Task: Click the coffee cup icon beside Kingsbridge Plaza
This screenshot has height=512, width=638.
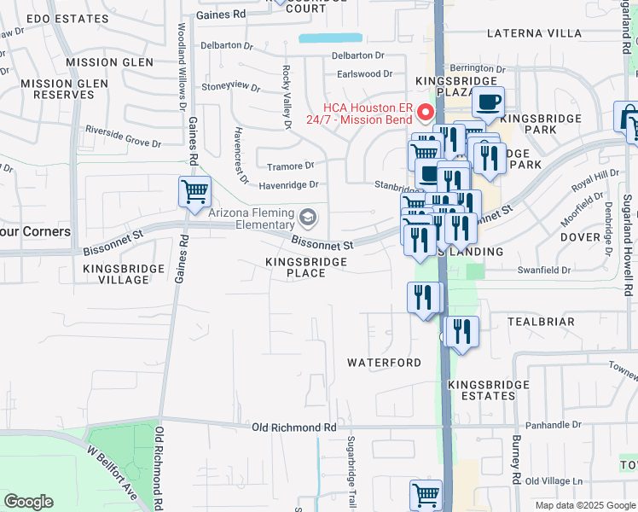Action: [x=488, y=102]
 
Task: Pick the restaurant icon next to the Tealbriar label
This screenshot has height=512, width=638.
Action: [x=461, y=332]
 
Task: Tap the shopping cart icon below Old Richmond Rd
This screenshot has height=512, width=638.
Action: [x=426, y=494]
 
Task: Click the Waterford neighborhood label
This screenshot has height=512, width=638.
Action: [x=384, y=363]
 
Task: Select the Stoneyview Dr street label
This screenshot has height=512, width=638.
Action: [x=230, y=86]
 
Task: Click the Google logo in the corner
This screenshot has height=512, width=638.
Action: [x=28, y=501]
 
